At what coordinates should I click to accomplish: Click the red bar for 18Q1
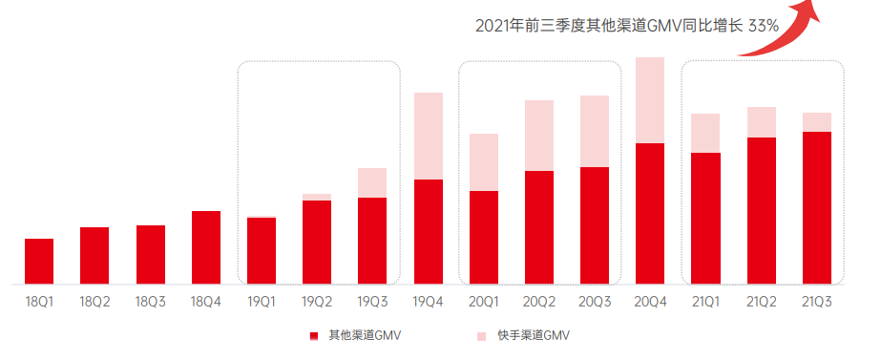pos(39,262)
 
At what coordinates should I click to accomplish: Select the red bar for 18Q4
pos(206,247)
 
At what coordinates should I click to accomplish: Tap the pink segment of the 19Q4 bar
pos(429,136)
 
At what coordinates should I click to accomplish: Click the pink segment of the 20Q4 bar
pos(650,100)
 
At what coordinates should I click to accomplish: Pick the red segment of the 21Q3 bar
pos(817,207)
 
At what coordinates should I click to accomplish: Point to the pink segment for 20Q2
pos(539,136)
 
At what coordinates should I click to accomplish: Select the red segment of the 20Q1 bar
pos(484,237)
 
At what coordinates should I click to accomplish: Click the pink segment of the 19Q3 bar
pos(372,182)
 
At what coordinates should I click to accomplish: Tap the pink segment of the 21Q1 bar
pos(705,133)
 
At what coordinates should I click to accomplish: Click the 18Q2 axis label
pos(94,301)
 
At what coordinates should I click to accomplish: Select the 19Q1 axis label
pos(262,301)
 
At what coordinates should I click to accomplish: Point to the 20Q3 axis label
pos(595,301)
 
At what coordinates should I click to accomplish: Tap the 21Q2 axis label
pos(762,301)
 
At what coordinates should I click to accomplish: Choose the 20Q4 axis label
pos(650,301)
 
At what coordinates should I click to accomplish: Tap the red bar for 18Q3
pos(151,255)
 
